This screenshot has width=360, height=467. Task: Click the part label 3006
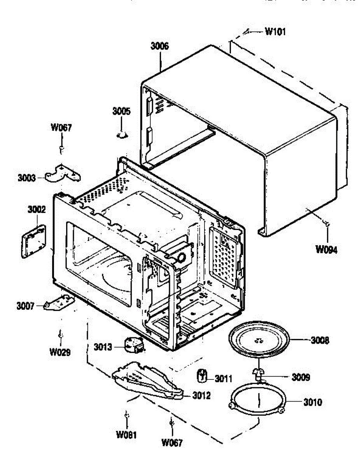pyautogui.click(x=159, y=46)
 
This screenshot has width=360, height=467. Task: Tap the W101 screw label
pyautogui.click(x=275, y=32)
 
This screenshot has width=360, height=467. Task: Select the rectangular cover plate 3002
pyautogui.click(x=32, y=241)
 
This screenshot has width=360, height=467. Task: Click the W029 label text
pyautogui.click(x=60, y=353)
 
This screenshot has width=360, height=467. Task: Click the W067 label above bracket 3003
pyautogui.click(x=61, y=128)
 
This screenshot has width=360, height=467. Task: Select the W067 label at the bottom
pyautogui.click(x=171, y=442)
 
